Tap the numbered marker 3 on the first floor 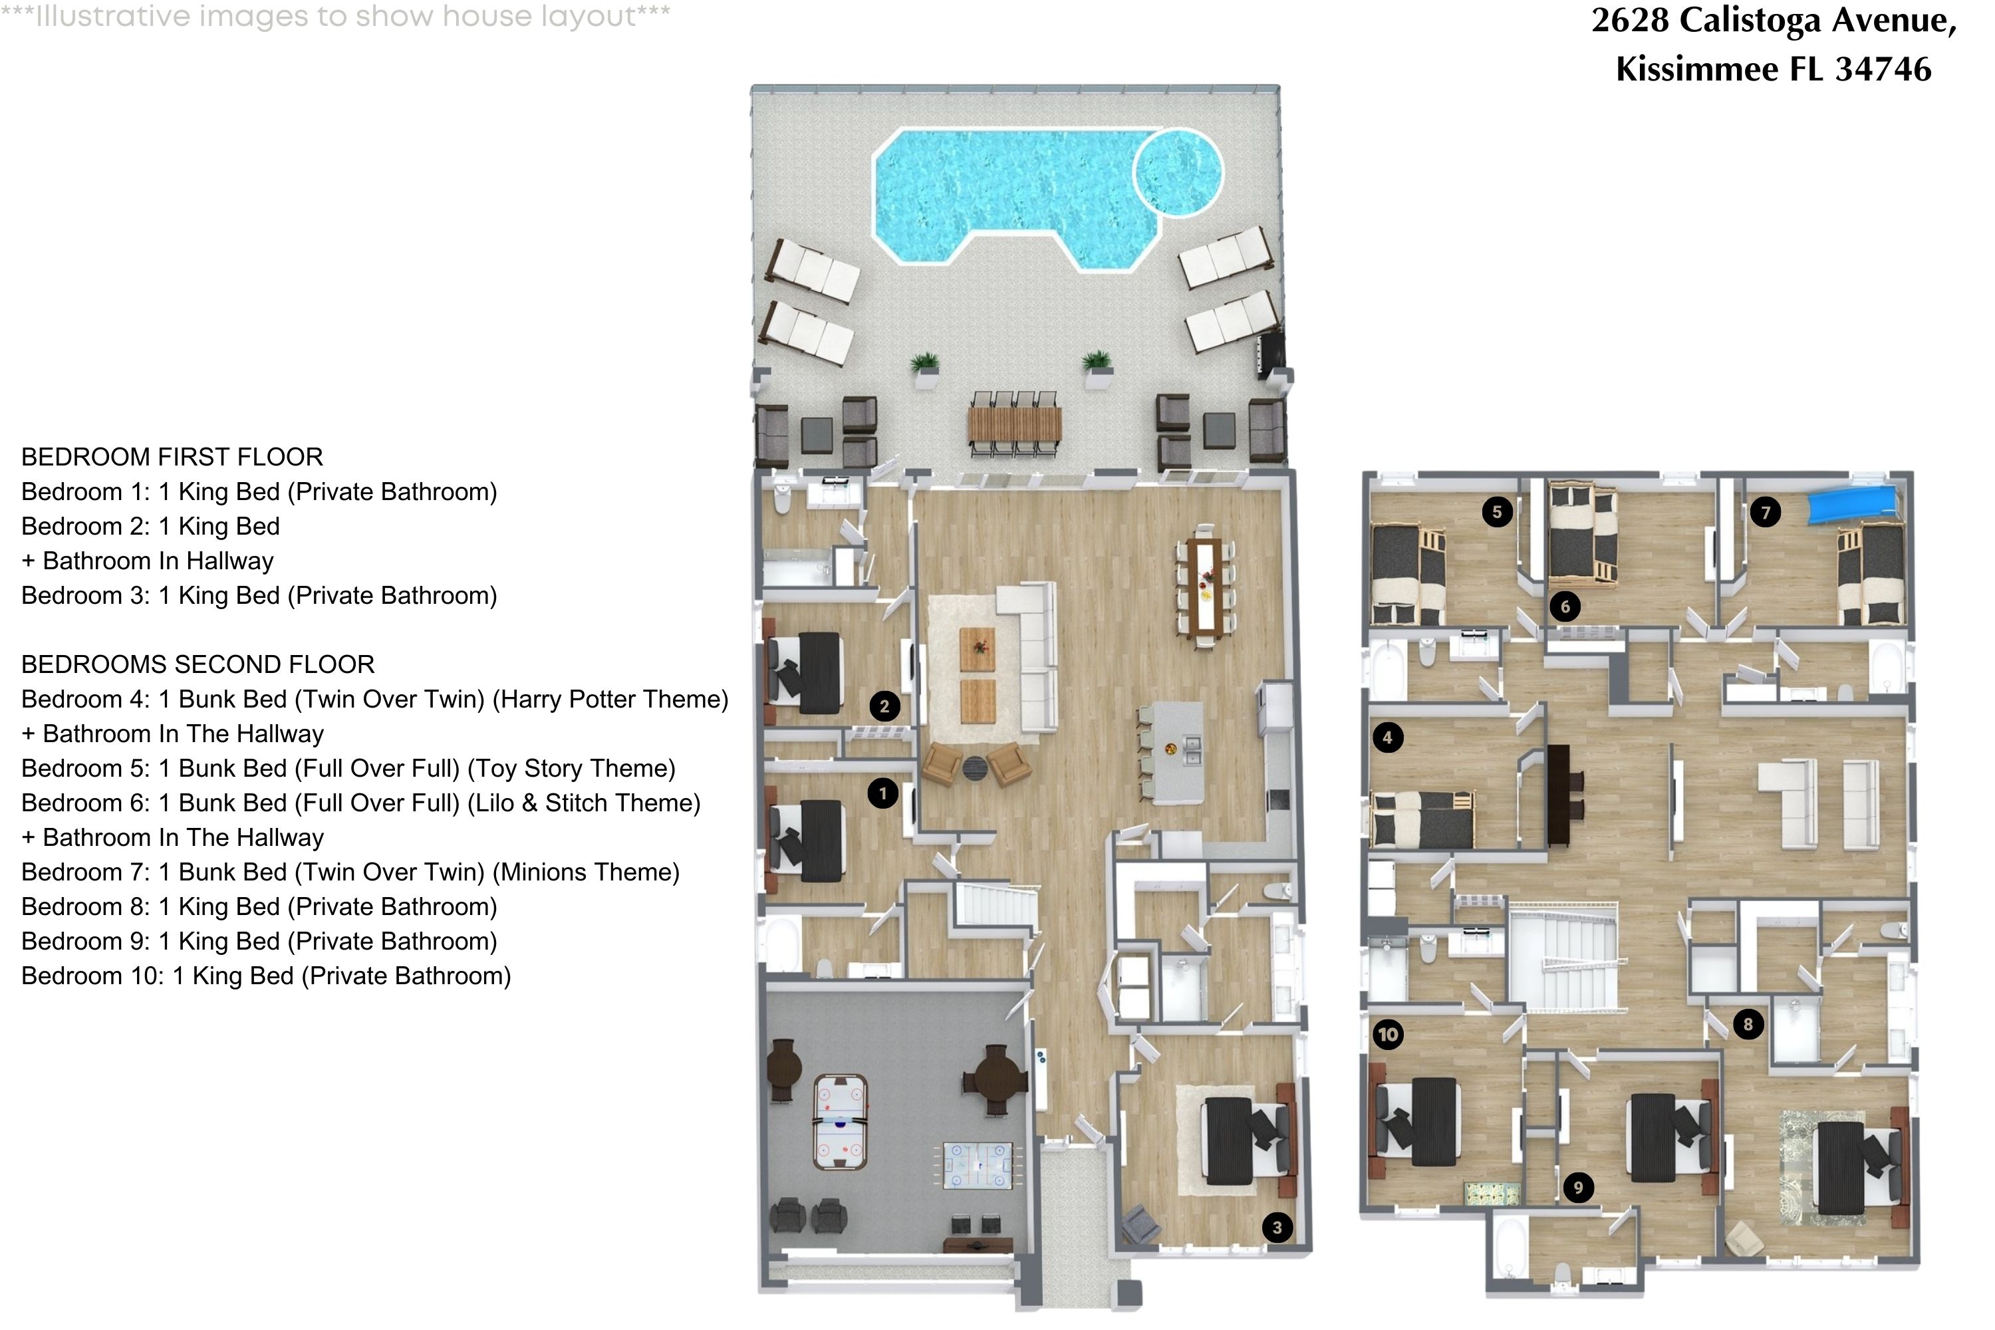(1277, 1228)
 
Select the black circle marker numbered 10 (1388, 1034)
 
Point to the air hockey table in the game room (246, 1120)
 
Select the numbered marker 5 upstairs (1497, 511)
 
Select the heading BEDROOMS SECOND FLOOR (198, 664)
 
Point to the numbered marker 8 (1748, 1024)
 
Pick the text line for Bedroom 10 (265, 976)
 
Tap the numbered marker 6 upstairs (1565, 606)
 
